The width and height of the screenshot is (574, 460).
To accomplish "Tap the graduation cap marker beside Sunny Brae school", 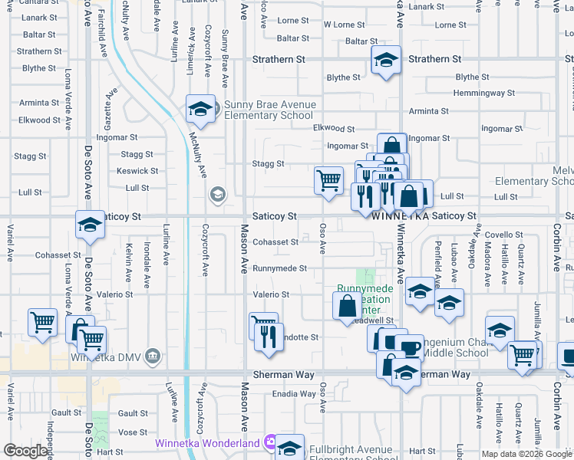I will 200,110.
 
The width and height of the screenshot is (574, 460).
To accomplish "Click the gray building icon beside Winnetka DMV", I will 153,356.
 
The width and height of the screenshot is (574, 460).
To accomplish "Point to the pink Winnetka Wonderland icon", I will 269,442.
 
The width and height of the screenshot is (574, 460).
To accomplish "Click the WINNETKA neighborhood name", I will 399,217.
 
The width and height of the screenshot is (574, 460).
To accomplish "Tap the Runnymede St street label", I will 280,269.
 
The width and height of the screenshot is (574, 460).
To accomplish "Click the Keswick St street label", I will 138,171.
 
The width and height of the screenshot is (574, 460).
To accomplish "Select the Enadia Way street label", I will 295,394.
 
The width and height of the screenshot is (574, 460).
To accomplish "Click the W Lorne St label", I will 344,25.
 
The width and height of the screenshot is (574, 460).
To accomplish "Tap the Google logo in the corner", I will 25,451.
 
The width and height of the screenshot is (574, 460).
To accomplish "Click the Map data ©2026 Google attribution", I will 526,454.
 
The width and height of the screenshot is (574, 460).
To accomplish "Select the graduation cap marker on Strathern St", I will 386,61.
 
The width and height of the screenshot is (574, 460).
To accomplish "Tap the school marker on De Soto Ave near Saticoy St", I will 90,225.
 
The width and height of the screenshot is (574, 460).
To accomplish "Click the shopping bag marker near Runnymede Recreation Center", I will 348,306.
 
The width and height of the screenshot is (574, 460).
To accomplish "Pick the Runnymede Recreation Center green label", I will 365,299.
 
